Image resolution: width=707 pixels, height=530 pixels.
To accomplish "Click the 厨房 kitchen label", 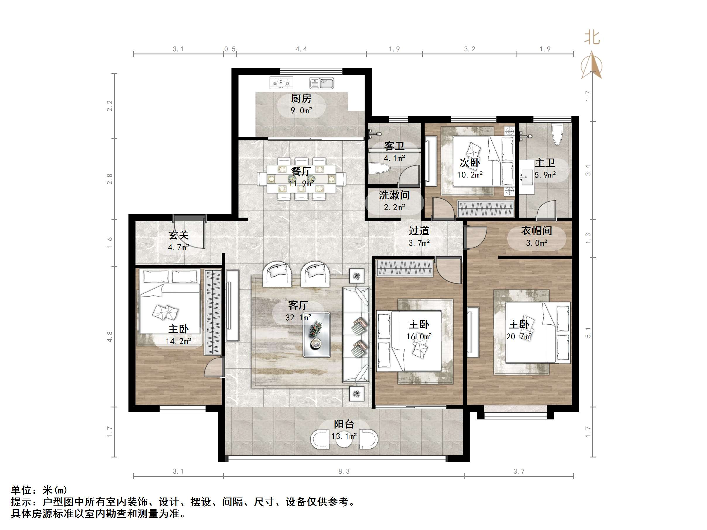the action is click(x=301, y=98).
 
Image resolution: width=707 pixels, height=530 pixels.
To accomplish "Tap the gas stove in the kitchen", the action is click(x=281, y=83).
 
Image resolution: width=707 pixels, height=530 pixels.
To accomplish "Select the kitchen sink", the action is click(x=322, y=83).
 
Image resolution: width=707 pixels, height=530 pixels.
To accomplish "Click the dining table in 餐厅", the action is click(x=301, y=179).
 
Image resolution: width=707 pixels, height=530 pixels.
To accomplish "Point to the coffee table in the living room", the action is click(x=316, y=335).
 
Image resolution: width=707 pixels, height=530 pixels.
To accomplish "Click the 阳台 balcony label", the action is click(x=344, y=424).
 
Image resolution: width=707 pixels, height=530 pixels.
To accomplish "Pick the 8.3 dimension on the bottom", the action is click(x=344, y=471).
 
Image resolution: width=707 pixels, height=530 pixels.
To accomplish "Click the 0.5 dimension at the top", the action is click(x=230, y=49).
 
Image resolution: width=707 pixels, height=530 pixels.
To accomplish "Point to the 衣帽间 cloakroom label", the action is click(x=536, y=231).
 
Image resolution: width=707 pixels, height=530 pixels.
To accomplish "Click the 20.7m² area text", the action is click(x=519, y=336).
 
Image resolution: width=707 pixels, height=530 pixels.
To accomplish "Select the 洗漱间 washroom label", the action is click(x=394, y=195).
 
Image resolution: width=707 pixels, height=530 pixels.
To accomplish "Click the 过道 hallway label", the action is click(x=419, y=231).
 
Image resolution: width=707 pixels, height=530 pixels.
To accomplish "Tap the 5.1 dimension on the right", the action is click(x=588, y=333).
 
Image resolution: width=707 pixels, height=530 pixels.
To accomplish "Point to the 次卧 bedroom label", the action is click(x=469, y=163).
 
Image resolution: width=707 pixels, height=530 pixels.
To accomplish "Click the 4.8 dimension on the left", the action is click(x=110, y=337).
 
